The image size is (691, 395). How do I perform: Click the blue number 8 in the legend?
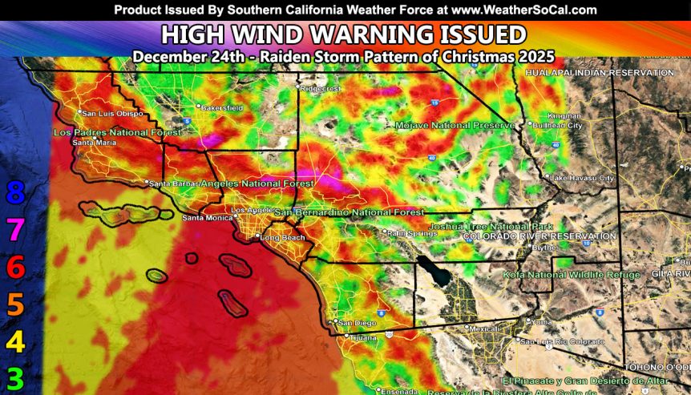15,192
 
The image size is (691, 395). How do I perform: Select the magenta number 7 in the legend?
15,230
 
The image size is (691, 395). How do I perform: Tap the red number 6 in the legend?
15,268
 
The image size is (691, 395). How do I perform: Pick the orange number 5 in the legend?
15,305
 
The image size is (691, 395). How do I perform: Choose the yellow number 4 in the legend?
15,343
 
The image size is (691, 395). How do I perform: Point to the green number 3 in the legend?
15,378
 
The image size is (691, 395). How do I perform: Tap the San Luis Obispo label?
112,113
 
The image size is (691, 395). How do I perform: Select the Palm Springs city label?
406,233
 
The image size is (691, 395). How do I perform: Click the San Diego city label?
356,323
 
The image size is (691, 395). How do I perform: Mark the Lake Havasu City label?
583,176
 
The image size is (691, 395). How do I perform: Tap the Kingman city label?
561,116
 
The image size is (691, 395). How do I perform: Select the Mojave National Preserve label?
454,126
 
